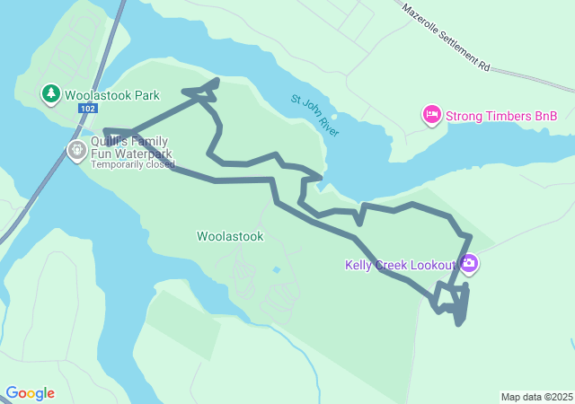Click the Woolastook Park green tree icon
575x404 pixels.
coord(51,92)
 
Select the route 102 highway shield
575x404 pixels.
coord(87,108)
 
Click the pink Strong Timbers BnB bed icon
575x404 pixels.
coord(431,115)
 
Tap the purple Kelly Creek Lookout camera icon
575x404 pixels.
coord(468,264)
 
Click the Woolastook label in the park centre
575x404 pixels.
coord(230,237)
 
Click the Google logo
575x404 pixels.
coord(30,393)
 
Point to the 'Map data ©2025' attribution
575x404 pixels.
coord(536,397)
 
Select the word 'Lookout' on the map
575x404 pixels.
coord(433,265)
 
